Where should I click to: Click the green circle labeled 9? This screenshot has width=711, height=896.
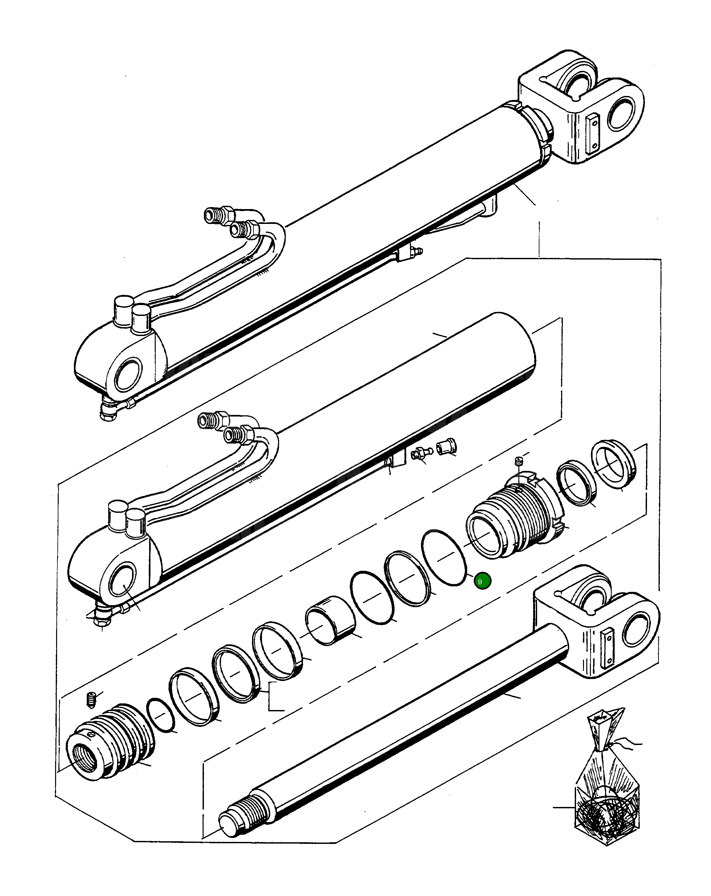(482, 581)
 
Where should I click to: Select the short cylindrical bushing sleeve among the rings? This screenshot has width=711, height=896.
(330, 620)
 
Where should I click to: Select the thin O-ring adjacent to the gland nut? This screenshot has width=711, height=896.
(443, 558)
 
